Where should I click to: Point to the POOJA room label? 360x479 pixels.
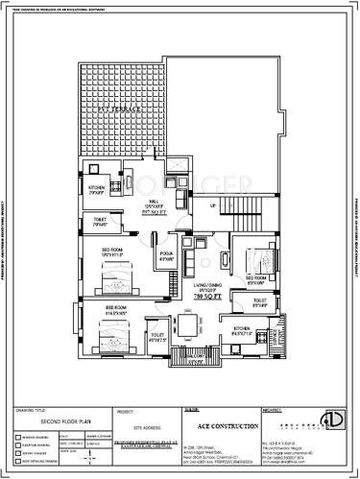(165, 255)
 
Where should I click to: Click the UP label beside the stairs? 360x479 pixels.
(212, 204)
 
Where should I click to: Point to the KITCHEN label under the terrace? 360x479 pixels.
(97, 186)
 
